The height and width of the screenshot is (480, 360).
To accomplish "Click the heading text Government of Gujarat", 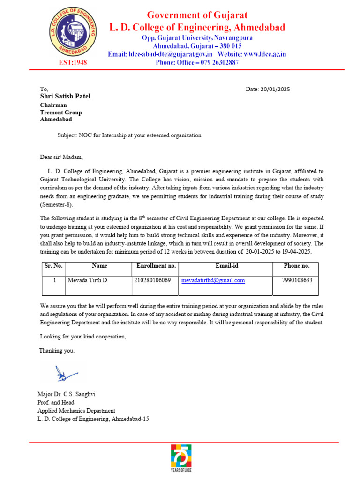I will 197,15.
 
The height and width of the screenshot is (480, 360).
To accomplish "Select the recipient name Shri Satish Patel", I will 65,97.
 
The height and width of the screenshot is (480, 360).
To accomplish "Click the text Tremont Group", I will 61,112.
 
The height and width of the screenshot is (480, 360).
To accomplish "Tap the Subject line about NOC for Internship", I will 130,135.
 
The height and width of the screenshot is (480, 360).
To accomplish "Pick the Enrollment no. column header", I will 156,266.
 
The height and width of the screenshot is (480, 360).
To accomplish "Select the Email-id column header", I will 226,266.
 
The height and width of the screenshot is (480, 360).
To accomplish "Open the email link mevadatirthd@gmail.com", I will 213,280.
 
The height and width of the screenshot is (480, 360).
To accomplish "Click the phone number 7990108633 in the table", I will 297,280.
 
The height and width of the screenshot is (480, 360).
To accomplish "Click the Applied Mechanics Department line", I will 76,411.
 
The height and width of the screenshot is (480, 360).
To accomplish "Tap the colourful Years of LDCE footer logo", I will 180,459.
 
